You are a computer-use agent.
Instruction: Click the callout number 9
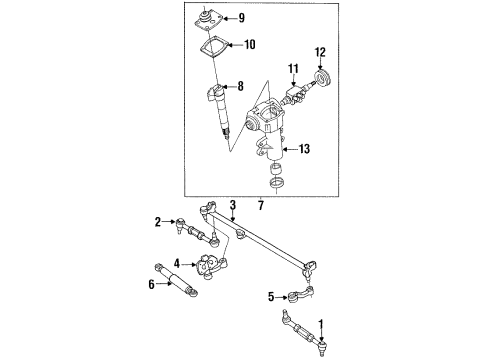242,18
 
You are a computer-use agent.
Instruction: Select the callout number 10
250,44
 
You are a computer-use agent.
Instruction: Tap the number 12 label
320,52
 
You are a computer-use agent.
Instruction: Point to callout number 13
305,149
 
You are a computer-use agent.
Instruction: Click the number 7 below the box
261,205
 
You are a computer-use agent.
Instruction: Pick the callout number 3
233,205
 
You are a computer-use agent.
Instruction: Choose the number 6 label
152,284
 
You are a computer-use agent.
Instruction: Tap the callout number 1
321,324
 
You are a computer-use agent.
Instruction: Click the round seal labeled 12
322,80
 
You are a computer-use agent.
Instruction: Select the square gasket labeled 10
214,48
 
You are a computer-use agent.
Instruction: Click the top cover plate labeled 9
207,21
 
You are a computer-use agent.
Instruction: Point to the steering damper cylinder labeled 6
176,280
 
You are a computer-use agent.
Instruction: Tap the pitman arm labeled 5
301,294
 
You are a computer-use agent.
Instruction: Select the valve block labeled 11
294,93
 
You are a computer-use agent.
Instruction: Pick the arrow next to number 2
169,222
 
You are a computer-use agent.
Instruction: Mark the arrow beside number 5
282,297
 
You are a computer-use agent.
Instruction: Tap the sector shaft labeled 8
219,109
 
